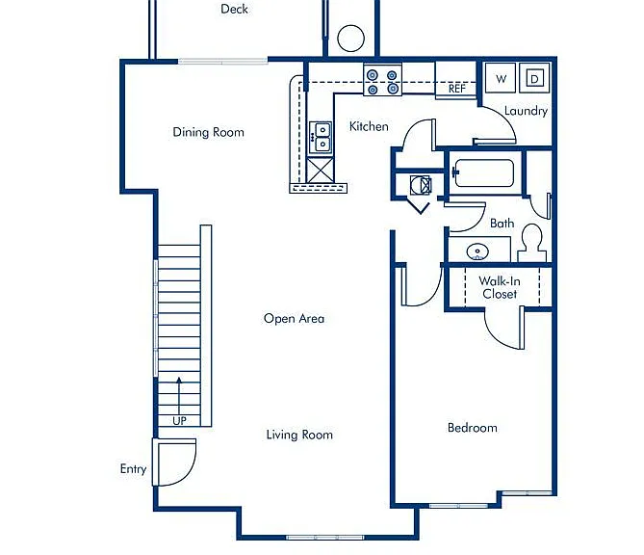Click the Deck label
click(234, 9)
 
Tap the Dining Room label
click(208, 132)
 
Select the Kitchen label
click(369, 126)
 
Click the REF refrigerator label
click(456, 89)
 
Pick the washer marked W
click(501, 78)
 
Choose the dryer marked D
click(534, 78)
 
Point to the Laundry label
click(526, 111)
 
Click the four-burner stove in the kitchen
click(382, 81)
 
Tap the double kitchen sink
click(321, 138)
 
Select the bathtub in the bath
click(483, 172)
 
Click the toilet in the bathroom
click(532, 243)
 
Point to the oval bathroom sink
click(477, 251)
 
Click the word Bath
click(502, 224)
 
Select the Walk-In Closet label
click(500, 287)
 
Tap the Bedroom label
click(473, 428)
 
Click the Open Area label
click(294, 319)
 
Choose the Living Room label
click(299, 435)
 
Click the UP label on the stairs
click(179, 421)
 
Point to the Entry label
click(133, 469)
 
